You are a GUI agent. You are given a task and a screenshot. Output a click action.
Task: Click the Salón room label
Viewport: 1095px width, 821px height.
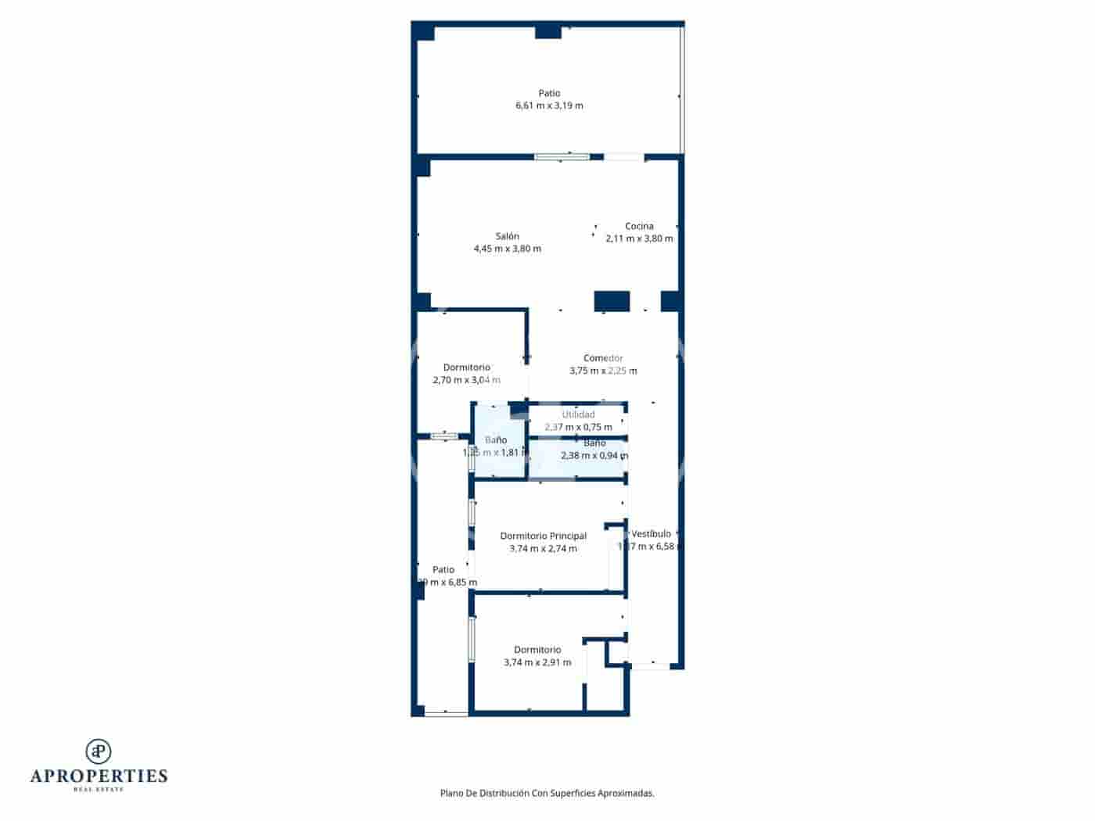click(507, 236)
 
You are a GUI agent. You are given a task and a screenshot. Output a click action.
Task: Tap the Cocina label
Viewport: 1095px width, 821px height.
click(639, 226)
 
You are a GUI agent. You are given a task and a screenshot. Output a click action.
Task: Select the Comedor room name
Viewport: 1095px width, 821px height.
click(603, 358)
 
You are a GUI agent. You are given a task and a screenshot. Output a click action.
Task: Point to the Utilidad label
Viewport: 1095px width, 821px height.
click(579, 414)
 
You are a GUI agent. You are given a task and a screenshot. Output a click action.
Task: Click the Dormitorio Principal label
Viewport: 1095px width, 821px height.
click(543, 536)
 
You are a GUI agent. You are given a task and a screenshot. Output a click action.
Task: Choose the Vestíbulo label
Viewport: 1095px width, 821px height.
click(651, 534)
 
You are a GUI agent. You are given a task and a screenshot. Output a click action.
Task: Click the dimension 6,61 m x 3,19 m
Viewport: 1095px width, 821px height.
click(549, 106)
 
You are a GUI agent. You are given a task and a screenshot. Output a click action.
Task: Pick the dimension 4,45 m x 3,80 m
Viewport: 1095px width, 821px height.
click(507, 249)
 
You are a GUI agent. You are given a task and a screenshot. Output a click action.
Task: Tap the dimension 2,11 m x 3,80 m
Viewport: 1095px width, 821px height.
click(639, 238)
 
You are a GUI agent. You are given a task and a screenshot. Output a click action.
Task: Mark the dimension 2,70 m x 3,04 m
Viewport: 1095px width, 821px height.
click(466, 380)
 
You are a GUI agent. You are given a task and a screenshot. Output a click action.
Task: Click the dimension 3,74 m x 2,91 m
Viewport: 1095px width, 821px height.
click(537, 662)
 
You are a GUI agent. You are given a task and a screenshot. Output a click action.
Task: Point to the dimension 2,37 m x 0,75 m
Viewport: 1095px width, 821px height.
click(579, 427)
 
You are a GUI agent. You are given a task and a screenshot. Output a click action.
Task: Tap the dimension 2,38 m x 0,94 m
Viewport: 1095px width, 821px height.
click(594, 455)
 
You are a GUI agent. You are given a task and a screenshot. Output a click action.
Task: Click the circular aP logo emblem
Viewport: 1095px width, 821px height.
click(99, 751)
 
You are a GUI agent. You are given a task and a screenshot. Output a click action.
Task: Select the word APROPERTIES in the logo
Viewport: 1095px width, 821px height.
click(99, 776)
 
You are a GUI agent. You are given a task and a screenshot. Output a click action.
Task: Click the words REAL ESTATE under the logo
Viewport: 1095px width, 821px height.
click(99, 789)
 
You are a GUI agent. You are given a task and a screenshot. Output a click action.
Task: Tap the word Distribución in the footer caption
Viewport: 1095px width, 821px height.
click(501, 793)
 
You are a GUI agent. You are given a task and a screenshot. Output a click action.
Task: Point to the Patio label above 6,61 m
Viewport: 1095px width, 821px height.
click(549, 93)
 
